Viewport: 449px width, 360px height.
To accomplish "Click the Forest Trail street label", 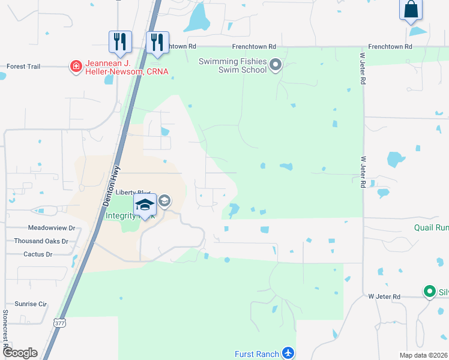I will coord(23,67).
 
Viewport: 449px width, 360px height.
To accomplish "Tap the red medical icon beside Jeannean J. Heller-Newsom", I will coord(76,65).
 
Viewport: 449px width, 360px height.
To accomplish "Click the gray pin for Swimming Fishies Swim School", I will coord(276,65).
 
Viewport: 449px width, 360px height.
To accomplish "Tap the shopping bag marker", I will coord(411,10).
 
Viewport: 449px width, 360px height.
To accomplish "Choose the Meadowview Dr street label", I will coord(51,228).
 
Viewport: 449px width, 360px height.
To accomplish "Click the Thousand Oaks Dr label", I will coord(41,241).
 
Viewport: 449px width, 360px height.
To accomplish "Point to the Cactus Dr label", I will coord(38,254).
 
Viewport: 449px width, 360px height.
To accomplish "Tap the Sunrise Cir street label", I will coord(30,304).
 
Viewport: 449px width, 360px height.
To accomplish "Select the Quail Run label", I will coord(431,228).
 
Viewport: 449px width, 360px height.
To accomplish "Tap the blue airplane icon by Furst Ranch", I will coord(289,353).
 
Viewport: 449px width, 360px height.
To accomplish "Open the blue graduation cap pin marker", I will coord(145,205).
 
